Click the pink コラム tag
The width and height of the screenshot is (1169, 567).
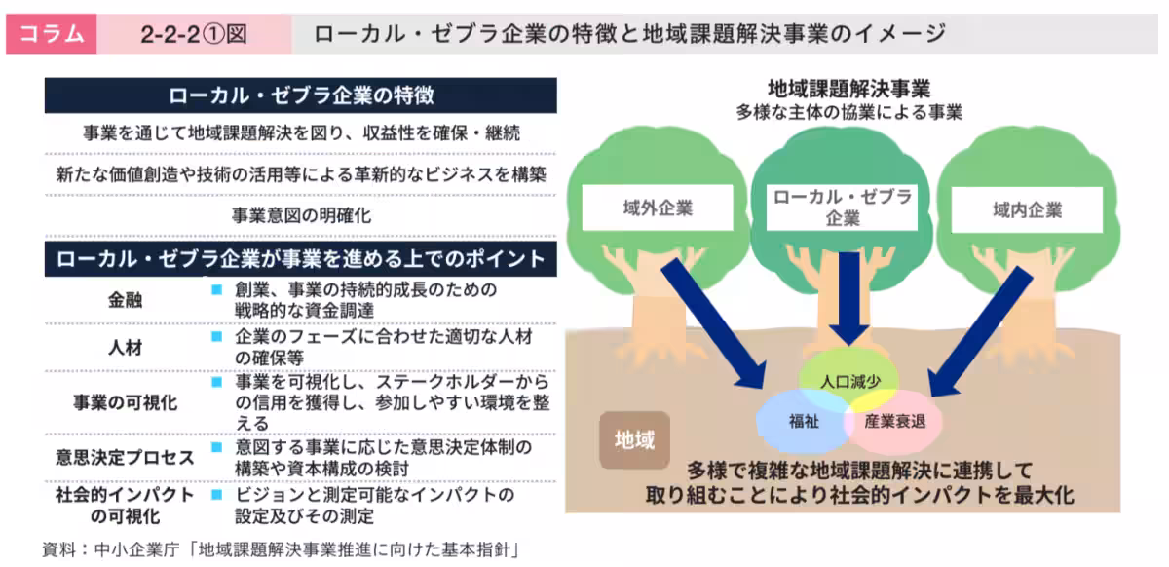pyautogui.click(x=51, y=35)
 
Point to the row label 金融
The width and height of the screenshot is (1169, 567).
pyautogui.click(x=125, y=300)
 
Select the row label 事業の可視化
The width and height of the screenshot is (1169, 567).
pyautogui.click(x=125, y=400)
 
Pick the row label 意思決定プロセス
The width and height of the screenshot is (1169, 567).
pyautogui.click(x=125, y=456)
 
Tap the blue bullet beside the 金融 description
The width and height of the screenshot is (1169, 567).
pyautogui.click(x=216, y=290)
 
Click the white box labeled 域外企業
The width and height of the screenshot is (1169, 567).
pyautogui.click(x=658, y=209)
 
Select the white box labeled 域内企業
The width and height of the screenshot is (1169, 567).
pyautogui.click(x=1027, y=209)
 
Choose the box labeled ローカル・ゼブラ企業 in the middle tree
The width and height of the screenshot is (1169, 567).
pyautogui.click(x=843, y=208)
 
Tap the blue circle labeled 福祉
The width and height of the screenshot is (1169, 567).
pyautogui.click(x=802, y=422)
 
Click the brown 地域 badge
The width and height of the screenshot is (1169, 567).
pyautogui.click(x=634, y=440)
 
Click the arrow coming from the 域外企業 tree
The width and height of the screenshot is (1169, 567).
pyautogui.click(x=716, y=326)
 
